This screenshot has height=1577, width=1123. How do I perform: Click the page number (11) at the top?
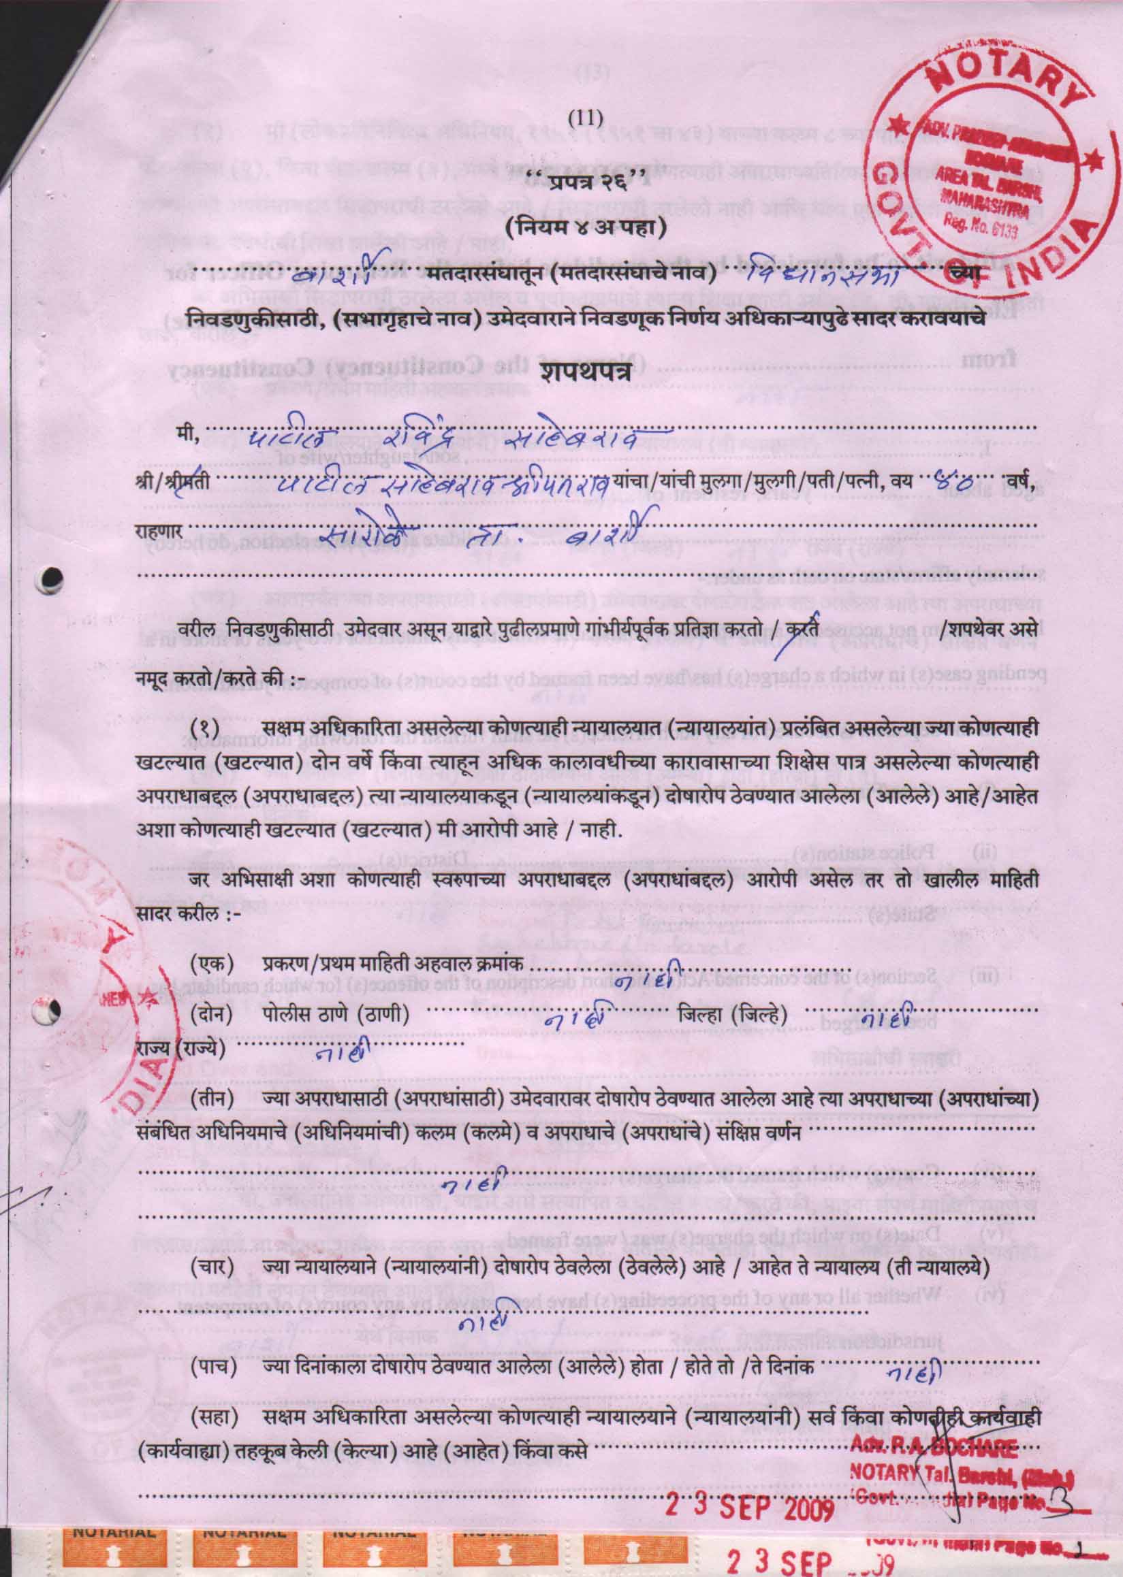click(585, 118)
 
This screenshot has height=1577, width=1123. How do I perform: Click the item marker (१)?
click(206, 730)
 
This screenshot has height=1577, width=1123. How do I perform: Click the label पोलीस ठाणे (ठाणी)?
click(336, 1016)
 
